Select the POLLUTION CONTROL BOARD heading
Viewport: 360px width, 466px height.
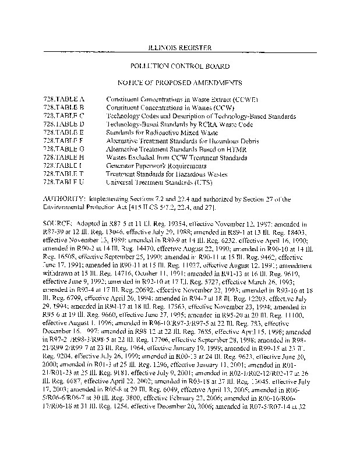point(180,67)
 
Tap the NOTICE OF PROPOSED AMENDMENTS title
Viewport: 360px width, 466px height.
point(180,83)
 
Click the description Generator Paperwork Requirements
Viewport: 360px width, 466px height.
point(152,165)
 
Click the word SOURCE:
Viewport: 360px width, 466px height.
point(58,223)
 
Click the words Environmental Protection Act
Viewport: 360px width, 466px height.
point(82,207)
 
